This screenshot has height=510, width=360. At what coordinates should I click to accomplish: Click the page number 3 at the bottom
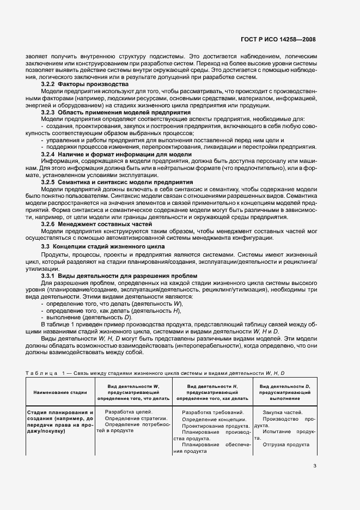coord(314,465)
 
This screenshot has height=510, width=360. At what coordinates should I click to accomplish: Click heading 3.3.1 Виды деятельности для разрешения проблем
coord(119,276)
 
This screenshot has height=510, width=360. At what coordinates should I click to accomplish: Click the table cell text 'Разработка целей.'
coord(129,411)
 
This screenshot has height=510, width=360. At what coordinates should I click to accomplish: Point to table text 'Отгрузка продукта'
coord(286,444)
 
